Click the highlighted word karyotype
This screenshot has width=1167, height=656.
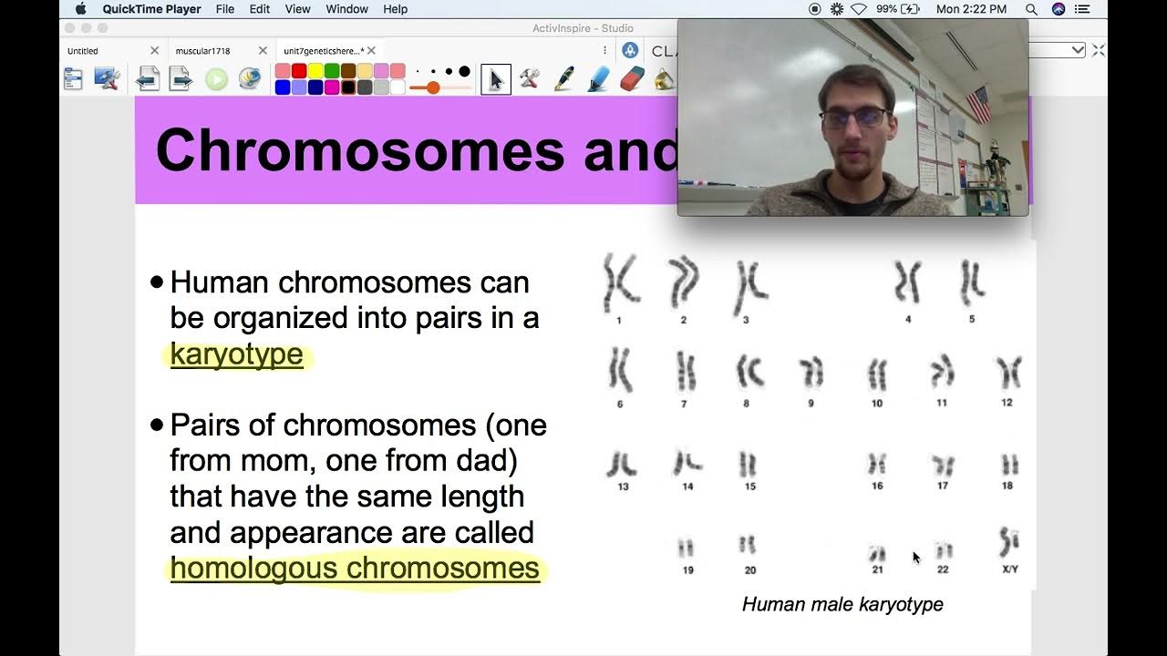pyautogui.click(x=236, y=354)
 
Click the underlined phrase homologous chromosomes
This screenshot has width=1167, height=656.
pyautogui.click(x=355, y=568)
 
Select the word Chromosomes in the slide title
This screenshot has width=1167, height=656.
pyautogui.click(x=360, y=149)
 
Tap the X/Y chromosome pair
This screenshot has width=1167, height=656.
pyautogui.click(x=1009, y=542)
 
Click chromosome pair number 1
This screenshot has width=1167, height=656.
pyautogui.click(x=620, y=283)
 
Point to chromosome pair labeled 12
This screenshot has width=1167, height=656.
pyautogui.click(x=1007, y=373)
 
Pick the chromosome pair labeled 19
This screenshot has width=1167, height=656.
pyautogui.click(x=686, y=548)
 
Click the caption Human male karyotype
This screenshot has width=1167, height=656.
pyautogui.click(x=842, y=604)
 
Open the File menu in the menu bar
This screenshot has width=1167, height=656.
pyautogui.click(x=224, y=9)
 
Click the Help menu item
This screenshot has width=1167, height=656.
pyautogui.click(x=395, y=9)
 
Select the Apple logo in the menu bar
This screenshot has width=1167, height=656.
pyautogui.click(x=80, y=9)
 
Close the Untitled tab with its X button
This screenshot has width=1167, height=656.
pyautogui.click(x=154, y=51)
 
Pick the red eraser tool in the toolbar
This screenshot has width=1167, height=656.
pyautogui.click(x=632, y=79)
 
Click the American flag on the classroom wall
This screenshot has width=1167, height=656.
pyautogui.click(x=978, y=104)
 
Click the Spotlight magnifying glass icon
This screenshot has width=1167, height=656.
pyautogui.click(x=1031, y=9)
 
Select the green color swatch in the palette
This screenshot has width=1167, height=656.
pyautogui.click(x=332, y=71)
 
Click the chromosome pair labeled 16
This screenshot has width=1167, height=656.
pyautogui.click(x=877, y=465)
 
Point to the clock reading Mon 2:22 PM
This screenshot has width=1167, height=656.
pyautogui.click(x=971, y=9)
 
